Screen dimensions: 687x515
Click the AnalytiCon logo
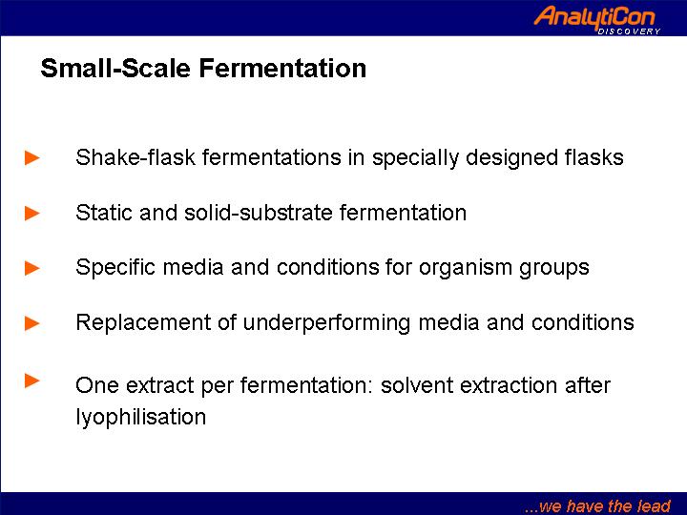(596, 19)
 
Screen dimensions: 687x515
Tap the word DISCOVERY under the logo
(629, 31)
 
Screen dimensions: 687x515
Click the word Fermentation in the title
(282, 68)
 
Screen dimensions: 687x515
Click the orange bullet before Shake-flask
(32, 157)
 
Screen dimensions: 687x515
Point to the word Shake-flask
(135, 157)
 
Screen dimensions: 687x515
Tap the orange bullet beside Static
(32, 214)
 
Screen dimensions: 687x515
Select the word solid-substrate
(259, 213)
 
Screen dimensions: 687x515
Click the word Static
(104, 213)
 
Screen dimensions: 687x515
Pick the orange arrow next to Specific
(32, 268)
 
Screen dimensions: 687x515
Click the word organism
(466, 268)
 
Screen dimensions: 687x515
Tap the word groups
(554, 268)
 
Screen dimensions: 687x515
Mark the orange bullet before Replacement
(32, 323)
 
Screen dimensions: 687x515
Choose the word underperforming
(326, 323)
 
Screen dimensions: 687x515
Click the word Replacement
(143, 323)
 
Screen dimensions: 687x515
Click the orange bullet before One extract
(32, 381)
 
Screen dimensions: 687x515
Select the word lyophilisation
(140, 417)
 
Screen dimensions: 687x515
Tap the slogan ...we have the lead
(597, 506)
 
